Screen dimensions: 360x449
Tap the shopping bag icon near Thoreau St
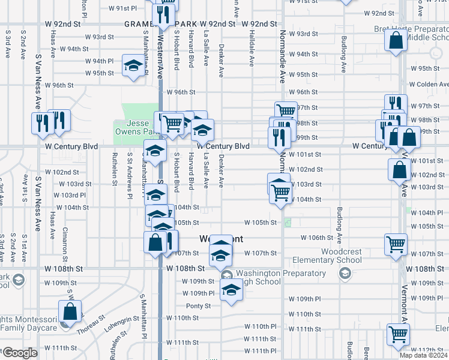[70, 312]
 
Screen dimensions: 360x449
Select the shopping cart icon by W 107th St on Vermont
[396, 244]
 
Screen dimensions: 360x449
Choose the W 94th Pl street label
[99, 61]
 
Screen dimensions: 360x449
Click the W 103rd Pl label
[70, 195]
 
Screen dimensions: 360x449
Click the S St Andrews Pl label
[130, 167]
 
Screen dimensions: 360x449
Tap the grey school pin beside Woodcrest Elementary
[345, 274]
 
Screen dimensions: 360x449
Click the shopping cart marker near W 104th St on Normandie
[281, 193]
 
